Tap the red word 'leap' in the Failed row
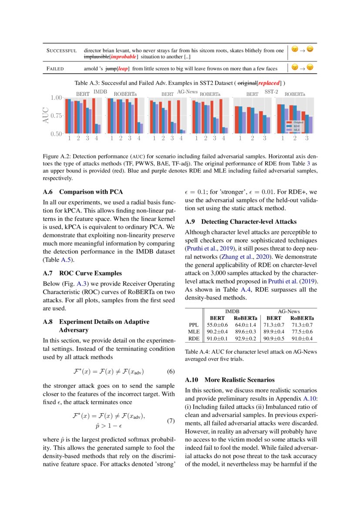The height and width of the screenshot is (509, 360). (123, 68)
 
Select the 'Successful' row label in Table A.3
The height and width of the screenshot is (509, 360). (62, 51)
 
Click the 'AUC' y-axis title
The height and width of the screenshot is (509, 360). (46, 115)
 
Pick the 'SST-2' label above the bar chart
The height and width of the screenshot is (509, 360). (271, 92)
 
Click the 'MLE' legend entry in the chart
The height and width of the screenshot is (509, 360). (296, 130)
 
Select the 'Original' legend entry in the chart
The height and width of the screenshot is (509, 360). (298, 122)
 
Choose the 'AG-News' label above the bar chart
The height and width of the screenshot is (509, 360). (188, 92)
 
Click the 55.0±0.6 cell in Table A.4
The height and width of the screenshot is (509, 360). (217, 324)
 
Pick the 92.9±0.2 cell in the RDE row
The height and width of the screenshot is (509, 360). (246, 338)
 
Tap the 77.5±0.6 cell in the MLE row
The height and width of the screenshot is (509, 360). (303, 331)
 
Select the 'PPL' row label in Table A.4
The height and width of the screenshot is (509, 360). (194, 324)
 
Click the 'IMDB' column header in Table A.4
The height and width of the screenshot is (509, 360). (232, 312)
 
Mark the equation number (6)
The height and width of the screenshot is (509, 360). (171, 371)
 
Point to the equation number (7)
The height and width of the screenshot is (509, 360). (171, 421)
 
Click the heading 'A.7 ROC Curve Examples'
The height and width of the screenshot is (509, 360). (82, 273)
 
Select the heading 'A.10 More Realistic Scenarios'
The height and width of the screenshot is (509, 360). (235, 380)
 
